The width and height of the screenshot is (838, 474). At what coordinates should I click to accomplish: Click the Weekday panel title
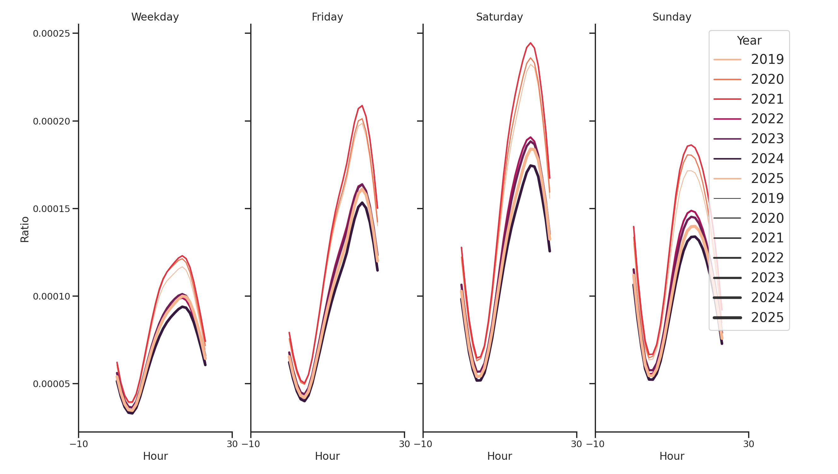coord(155,17)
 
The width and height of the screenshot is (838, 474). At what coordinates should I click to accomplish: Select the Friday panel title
coord(327,17)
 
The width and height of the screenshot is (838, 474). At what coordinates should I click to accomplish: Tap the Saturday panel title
coord(499,17)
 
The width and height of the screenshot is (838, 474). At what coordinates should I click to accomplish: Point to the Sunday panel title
coord(671,17)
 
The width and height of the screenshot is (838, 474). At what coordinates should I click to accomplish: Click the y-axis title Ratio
coord(25,229)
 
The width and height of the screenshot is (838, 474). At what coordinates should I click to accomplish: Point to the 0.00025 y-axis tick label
coord(51,33)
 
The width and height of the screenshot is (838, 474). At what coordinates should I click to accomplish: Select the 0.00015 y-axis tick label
coord(51,209)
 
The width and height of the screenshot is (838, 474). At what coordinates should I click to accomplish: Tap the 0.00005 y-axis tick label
coord(51,384)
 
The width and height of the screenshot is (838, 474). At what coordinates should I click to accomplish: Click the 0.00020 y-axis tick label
coord(51,122)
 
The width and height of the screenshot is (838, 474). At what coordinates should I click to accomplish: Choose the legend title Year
coord(749,41)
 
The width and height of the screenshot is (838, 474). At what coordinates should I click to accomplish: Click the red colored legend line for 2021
coord(727,99)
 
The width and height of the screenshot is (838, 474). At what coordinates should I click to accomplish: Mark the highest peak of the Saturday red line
coord(530,43)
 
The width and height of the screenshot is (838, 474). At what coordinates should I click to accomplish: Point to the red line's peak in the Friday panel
coord(362,106)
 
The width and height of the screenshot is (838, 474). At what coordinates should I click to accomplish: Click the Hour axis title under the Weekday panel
coord(155,456)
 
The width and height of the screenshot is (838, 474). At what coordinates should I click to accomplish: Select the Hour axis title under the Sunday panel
coord(671,456)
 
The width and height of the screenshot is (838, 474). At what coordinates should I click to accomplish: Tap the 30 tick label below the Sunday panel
coord(748,444)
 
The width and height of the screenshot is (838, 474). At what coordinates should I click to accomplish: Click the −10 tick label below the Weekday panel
coord(79,444)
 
